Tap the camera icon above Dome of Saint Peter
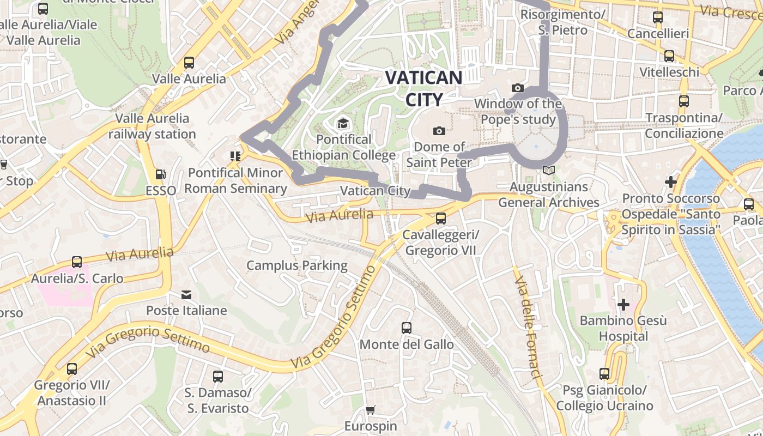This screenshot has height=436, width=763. pos(439,131)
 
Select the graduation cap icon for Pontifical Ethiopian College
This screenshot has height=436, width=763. pos(343,124)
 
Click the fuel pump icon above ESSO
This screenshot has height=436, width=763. pos(161,174)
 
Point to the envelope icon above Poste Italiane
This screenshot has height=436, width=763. pos(186,295)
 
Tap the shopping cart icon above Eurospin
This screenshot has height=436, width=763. pos(371,410)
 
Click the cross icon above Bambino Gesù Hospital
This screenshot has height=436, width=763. pos(623,304)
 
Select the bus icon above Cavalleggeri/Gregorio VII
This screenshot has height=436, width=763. pos(440,219)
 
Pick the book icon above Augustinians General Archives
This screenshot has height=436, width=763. pos(549,171)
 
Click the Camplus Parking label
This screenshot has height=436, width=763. pos(296,265)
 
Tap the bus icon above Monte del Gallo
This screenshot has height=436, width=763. pos(407,328)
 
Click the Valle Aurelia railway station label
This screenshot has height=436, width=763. pos(152,126)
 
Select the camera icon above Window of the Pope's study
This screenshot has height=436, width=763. pos(517,88)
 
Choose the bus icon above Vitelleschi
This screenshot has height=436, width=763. pos(669,56)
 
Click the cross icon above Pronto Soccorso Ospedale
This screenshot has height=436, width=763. pos(671,181)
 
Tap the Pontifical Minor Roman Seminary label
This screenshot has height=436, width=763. pos(235,180)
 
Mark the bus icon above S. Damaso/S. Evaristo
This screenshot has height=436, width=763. pos(218,376)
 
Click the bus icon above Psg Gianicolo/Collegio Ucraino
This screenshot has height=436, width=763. pos(604,374)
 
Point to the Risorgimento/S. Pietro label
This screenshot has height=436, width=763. pos(562,22)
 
